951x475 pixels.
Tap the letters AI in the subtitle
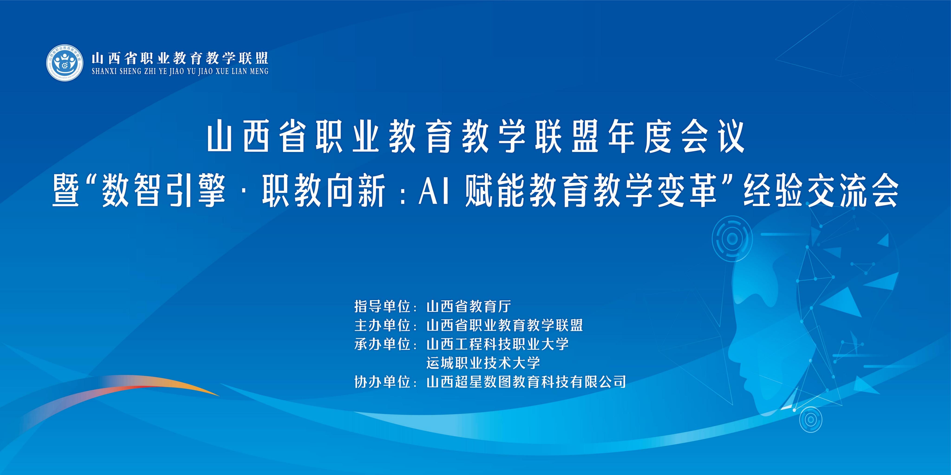tap(434, 192)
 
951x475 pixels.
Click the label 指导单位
tap(382, 306)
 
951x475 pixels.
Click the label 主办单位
tap(382, 325)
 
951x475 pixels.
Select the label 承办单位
tap(382, 344)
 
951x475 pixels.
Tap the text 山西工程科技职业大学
tap(497, 344)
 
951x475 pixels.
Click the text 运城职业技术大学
tap(483, 363)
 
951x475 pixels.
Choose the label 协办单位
tap(382, 382)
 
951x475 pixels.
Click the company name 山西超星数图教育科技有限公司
tap(526, 382)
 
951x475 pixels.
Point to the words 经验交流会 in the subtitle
tap(820, 192)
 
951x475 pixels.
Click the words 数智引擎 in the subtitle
tap(163, 192)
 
